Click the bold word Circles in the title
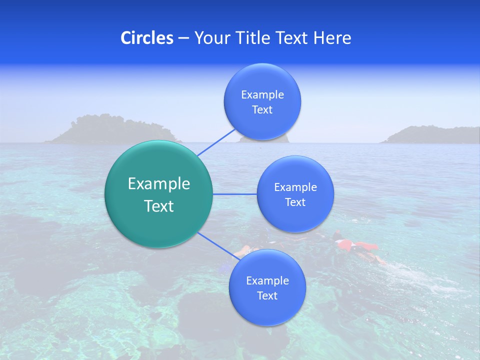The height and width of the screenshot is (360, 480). (146, 38)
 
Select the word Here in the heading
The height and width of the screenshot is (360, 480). (332, 38)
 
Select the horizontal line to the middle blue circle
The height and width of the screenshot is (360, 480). (235, 194)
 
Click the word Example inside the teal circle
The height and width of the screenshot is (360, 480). (159, 184)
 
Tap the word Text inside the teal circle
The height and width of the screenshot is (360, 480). (159, 206)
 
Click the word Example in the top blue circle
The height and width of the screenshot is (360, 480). (262, 94)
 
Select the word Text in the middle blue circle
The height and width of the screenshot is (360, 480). (295, 202)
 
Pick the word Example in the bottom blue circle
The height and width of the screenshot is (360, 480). (267, 280)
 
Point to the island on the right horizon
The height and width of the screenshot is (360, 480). (430, 135)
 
